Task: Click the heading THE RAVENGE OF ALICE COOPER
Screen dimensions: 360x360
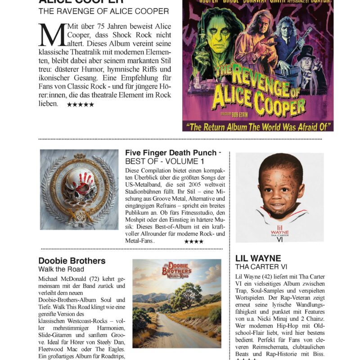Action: point(103,11)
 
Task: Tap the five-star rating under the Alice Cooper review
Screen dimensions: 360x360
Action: point(81,104)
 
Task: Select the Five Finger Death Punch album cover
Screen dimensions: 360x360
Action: point(79,189)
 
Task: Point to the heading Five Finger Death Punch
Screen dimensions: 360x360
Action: point(171,153)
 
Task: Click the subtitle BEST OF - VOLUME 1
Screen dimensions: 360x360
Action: point(164,161)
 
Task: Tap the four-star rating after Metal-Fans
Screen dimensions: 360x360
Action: point(193,242)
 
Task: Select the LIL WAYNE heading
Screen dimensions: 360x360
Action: point(258,258)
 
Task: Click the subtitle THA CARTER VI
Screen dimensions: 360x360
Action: point(261,267)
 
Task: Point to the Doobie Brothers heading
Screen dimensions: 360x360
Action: point(72,261)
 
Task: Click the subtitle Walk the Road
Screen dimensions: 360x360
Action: point(61,269)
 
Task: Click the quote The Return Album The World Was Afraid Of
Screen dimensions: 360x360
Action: point(258,127)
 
